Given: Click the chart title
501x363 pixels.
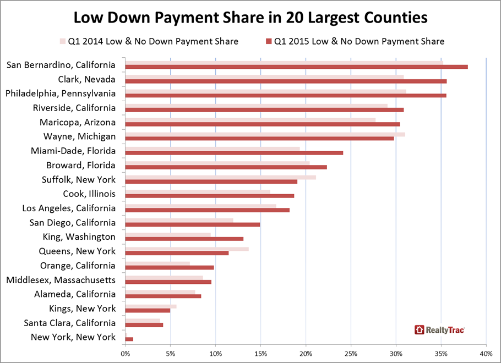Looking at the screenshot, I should [251, 18].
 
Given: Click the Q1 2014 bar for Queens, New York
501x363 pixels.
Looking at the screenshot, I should [187, 249].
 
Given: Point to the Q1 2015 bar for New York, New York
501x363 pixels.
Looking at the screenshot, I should [129, 339].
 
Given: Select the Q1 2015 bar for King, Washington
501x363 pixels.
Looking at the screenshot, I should [184, 239].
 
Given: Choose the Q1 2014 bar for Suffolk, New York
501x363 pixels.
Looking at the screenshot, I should [220, 177].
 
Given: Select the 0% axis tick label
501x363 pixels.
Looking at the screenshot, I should [126, 353].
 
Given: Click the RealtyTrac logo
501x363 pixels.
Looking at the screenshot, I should [440, 330].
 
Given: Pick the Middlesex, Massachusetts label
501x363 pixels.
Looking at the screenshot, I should [61, 280].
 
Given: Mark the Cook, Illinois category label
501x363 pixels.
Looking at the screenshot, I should [89, 194].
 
